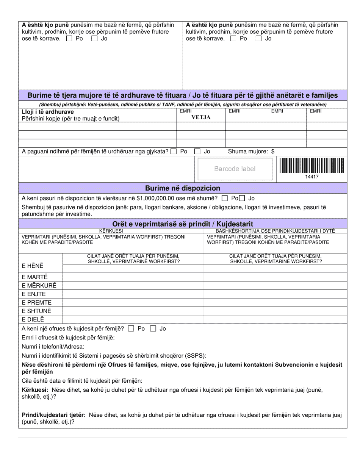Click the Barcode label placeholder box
point(235,169)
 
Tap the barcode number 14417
point(312,177)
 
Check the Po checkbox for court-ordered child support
point(174,151)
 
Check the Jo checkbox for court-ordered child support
point(197,151)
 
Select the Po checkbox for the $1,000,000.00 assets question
point(225,198)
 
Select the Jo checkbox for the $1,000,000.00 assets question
point(242,198)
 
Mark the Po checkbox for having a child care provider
point(131,329)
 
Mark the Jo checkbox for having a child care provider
point(153,329)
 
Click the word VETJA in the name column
point(201,117)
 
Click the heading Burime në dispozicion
point(183,188)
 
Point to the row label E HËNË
point(33,266)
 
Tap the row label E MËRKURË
point(39,286)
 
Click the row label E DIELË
point(33,319)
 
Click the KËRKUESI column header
point(111,231)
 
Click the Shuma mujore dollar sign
point(273,151)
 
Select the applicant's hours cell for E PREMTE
point(133,302)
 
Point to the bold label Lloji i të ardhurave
point(48,112)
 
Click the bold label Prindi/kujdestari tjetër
point(53,415)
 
